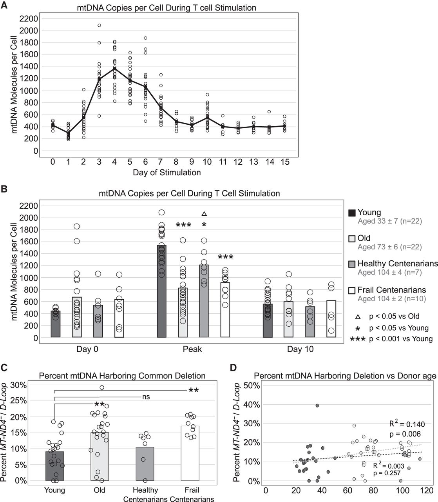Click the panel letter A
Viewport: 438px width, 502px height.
tap(4, 5)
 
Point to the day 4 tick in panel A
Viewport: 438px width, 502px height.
tap(114, 162)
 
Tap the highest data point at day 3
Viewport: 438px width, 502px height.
tap(99, 25)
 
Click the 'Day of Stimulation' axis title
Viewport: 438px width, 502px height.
tap(167, 173)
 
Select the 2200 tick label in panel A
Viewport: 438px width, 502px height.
tap(29, 19)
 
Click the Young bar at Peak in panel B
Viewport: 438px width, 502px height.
tap(161, 291)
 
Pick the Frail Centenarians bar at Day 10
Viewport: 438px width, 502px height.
tap(331, 319)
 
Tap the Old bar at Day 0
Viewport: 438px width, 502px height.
tap(77, 317)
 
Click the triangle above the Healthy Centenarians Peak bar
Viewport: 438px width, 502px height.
tap(204, 214)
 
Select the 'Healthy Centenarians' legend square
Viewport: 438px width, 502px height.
tap(352, 264)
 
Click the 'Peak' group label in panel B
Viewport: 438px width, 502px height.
tap(192, 349)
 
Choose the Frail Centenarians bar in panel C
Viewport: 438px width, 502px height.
tap(190, 453)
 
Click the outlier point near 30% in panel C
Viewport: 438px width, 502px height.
tap(102, 387)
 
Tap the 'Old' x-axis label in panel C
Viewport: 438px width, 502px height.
tap(99, 490)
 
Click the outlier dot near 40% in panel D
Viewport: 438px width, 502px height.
tap(317, 406)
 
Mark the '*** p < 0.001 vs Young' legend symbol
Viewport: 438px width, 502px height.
tap(358, 339)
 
